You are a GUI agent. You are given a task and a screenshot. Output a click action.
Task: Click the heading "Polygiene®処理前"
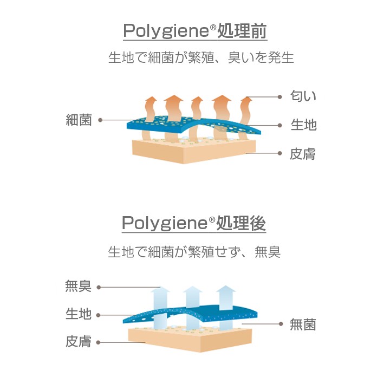click(195, 31)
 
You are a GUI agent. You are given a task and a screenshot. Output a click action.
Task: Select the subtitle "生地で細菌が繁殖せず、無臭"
click(194, 252)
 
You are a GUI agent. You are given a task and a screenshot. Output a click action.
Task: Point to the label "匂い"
click(303, 97)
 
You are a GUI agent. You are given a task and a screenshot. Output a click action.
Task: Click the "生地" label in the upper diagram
click(303, 125)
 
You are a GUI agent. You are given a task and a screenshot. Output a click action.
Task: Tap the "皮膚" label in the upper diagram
click(303, 154)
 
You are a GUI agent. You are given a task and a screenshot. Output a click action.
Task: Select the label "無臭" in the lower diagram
click(78, 287)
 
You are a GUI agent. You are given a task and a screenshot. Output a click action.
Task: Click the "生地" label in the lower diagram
click(78, 314)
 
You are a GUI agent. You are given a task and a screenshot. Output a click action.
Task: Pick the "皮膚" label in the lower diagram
click(78, 342)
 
